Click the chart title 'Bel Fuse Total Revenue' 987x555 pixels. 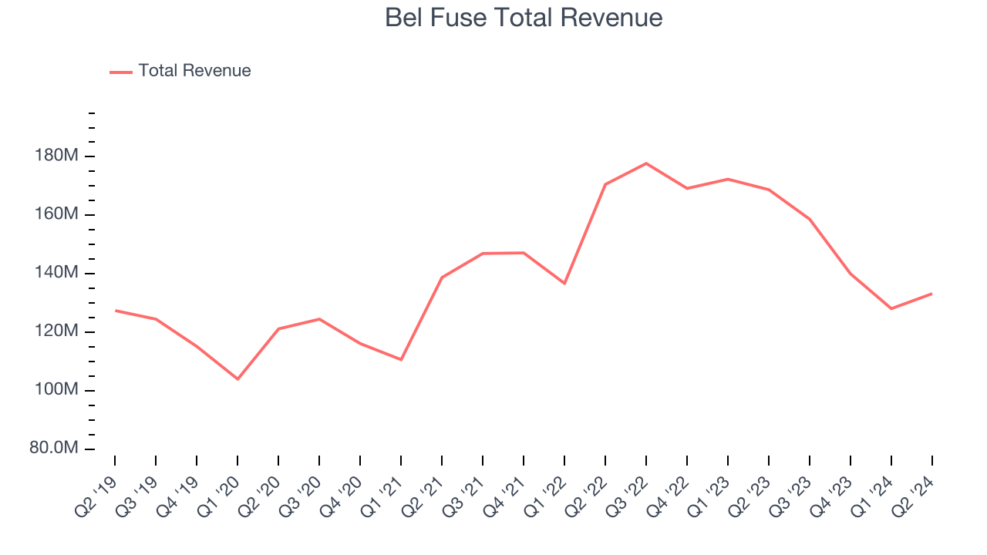click(x=524, y=18)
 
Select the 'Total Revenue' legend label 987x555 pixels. click(x=194, y=71)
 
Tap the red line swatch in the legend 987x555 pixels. click(x=121, y=72)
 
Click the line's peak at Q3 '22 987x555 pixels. click(x=646, y=163)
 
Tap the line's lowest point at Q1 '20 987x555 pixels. click(x=237, y=379)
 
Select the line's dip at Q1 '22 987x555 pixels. click(x=564, y=284)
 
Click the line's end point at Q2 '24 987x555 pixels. click(x=931, y=294)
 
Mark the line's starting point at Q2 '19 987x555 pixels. click(x=115, y=311)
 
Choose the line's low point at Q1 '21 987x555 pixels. click(x=401, y=359)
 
